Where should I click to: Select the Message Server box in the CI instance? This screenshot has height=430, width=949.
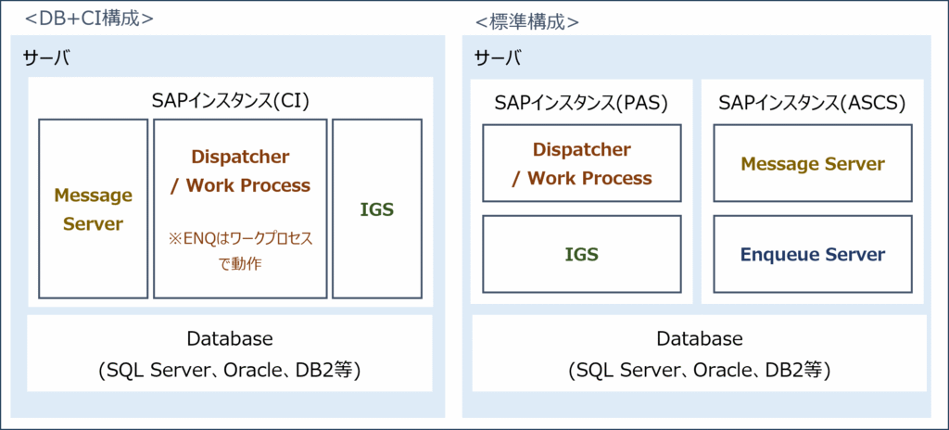tap(93, 209)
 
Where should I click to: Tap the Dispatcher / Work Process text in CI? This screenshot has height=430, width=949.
tap(240, 171)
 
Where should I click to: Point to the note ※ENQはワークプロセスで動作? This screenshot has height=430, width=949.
tap(240, 251)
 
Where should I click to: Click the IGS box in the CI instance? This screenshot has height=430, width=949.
tap(376, 209)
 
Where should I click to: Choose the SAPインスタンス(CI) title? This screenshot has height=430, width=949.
tap(230, 100)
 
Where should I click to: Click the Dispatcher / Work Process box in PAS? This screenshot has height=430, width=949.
tap(581, 163)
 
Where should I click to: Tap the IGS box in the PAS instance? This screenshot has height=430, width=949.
tap(581, 254)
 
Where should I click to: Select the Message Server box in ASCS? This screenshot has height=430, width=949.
tap(812, 163)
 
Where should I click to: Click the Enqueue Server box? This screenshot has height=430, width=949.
tap(812, 254)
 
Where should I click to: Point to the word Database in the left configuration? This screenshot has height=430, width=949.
tap(229, 339)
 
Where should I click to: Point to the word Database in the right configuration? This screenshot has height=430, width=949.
tap(699, 339)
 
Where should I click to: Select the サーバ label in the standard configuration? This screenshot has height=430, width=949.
tap(498, 59)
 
